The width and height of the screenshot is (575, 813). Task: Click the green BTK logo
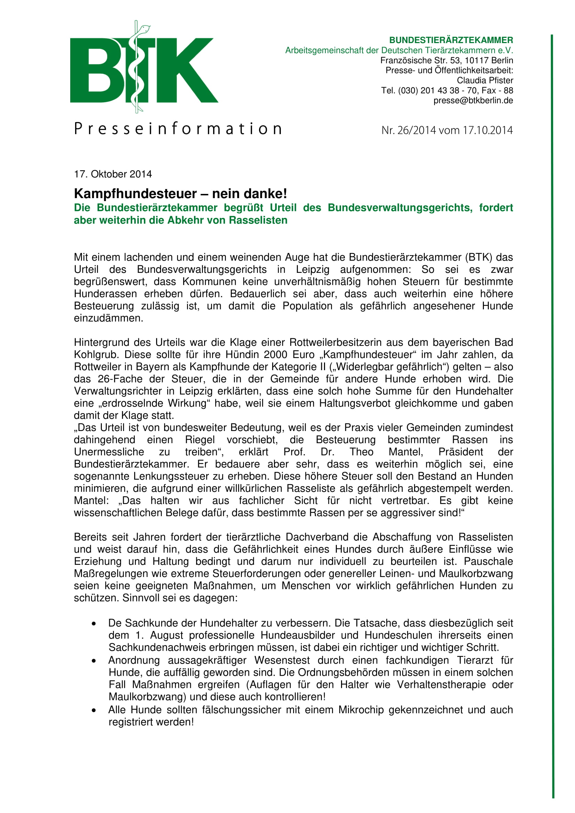coord(144,70)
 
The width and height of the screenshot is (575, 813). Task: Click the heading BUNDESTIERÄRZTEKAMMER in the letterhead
coord(451,40)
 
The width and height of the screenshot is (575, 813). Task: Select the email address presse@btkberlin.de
coord(473,100)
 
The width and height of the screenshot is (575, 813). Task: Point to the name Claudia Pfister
coord(485,80)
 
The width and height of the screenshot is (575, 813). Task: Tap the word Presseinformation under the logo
coord(178,129)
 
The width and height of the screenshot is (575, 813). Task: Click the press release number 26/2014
coord(417,130)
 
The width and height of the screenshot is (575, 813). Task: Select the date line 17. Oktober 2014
coord(113,174)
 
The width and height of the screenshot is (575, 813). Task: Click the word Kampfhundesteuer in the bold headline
coord(135,194)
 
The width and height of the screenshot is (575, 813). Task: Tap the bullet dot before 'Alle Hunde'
coord(94,710)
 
